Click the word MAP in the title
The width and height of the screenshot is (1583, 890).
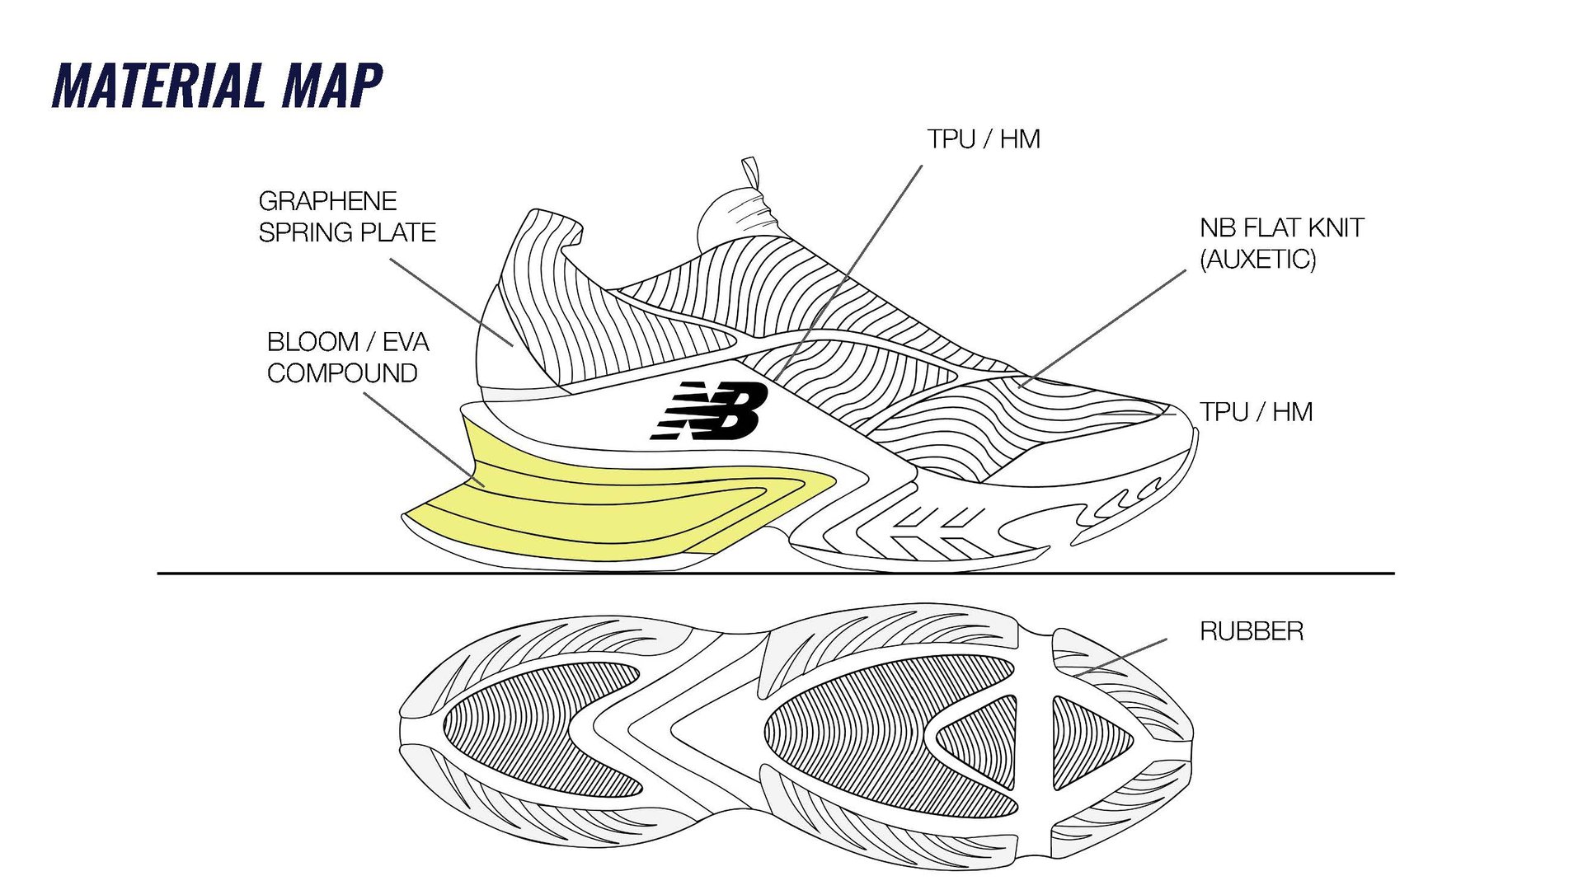(x=332, y=86)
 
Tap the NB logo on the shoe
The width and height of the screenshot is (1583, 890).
(x=711, y=410)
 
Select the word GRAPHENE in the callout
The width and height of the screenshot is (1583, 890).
(x=327, y=201)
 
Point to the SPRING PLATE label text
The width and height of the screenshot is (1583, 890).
(x=347, y=233)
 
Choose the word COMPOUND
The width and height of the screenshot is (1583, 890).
(x=342, y=373)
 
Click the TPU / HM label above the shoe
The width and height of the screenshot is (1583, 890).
(x=983, y=139)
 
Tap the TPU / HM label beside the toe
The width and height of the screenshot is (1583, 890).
(x=1256, y=412)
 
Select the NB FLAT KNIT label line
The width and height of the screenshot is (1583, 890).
(x=1281, y=228)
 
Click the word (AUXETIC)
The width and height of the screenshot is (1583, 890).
(x=1257, y=260)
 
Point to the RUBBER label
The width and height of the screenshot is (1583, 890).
(x=1251, y=632)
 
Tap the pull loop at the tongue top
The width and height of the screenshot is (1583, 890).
(x=750, y=173)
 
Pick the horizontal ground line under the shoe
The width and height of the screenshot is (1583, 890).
(x=775, y=573)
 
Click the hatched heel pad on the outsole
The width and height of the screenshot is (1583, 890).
(x=536, y=729)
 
